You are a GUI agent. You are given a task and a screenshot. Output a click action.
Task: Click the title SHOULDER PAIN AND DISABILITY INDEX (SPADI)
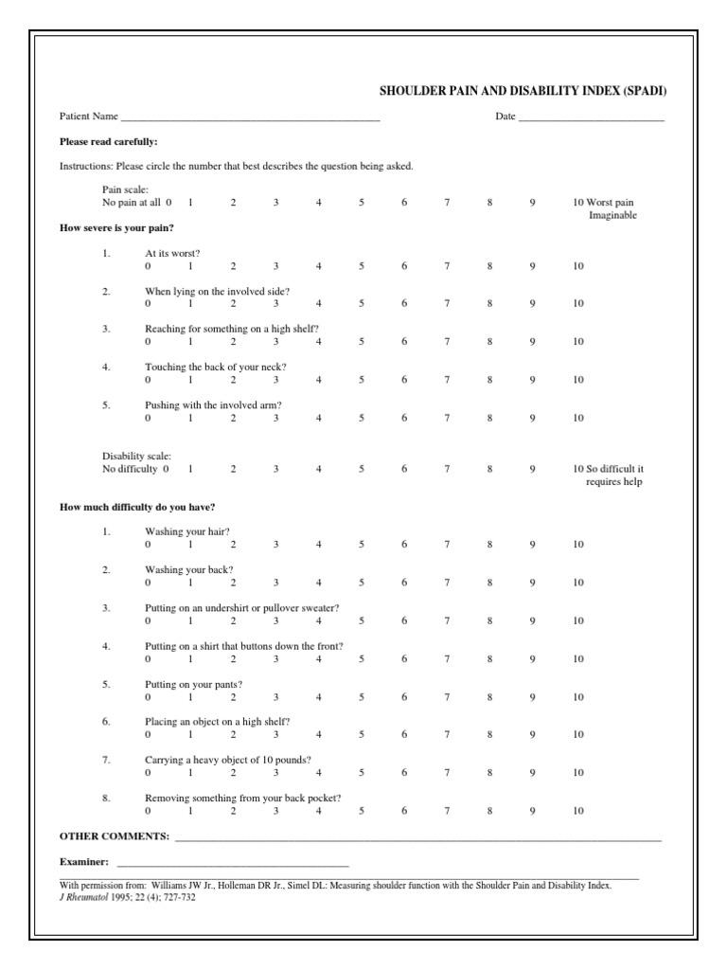pyautogui.click(x=528, y=91)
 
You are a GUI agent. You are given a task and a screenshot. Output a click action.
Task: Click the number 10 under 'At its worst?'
pyautogui.click(x=577, y=266)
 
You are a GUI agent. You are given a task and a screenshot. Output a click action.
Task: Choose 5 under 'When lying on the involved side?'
pyautogui.click(x=362, y=304)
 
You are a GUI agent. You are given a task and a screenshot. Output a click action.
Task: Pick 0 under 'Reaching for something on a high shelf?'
pyautogui.click(x=148, y=342)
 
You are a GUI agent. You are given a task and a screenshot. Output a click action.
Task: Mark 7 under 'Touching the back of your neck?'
pyautogui.click(x=447, y=380)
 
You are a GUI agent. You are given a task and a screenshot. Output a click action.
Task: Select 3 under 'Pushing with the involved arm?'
pyautogui.click(x=276, y=418)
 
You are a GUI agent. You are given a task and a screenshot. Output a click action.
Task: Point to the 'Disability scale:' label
pyautogui.click(x=137, y=457)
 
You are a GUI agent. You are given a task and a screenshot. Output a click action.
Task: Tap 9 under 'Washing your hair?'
pyautogui.click(x=532, y=545)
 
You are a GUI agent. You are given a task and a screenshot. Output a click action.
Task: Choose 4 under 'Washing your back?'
pyautogui.click(x=319, y=583)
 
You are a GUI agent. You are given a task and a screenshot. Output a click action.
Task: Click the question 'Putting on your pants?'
pyautogui.click(x=193, y=684)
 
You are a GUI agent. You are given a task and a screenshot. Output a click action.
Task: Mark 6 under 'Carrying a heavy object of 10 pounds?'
pyautogui.click(x=404, y=773)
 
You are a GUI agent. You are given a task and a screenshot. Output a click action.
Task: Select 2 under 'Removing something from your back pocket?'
pyautogui.click(x=233, y=811)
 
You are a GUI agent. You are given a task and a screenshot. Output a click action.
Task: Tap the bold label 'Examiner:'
pyautogui.click(x=84, y=862)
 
